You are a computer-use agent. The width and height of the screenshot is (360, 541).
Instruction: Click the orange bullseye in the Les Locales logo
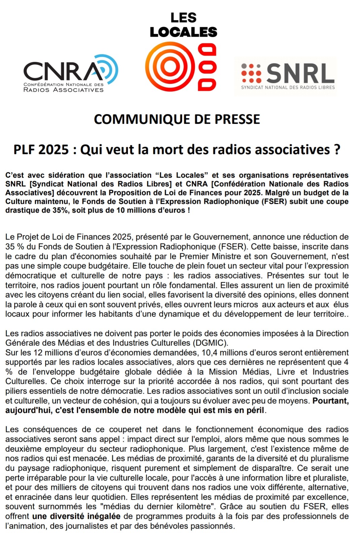click(x=170, y=67)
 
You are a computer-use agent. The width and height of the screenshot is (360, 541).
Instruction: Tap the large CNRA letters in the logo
click(x=62, y=72)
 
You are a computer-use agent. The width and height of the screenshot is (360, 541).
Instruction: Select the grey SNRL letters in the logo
click(x=300, y=73)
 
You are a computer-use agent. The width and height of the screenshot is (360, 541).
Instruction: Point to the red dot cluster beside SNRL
click(x=251, y=73)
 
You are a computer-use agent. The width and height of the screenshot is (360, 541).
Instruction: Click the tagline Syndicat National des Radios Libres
click(x=288, y=87)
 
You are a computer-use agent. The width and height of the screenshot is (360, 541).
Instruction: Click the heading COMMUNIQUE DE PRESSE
click(x=177, y=119)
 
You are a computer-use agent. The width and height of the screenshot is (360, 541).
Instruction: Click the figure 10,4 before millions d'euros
click(x=209, y=353)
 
